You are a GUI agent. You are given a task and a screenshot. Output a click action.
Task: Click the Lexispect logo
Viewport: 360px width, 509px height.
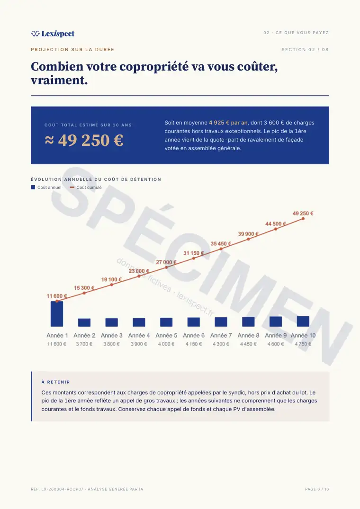point(53,34)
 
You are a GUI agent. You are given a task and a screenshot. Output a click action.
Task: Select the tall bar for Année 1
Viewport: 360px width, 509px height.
point(57,313)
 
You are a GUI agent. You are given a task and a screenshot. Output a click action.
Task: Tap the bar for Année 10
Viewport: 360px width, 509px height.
point(303,321)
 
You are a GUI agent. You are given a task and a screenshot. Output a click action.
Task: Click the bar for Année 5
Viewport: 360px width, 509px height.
point(166,322)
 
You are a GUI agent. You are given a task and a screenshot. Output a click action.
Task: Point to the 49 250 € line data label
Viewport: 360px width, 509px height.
point(303,213)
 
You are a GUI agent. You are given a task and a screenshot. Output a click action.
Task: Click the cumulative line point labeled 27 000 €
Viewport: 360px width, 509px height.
point(166,268)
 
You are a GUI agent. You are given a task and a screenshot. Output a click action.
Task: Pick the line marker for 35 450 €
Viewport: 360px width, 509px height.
point(221,249)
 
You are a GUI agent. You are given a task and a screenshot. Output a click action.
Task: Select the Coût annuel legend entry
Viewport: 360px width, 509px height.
point(46,188)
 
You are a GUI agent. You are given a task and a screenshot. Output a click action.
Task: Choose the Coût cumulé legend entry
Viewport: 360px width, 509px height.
point(86,188)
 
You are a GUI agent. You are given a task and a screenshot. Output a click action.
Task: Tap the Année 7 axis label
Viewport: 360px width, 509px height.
point(221,335)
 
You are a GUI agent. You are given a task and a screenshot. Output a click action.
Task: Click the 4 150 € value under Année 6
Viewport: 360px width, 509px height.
point(193,344)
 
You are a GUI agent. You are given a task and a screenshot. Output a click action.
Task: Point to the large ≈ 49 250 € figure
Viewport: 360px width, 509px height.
point(84,140)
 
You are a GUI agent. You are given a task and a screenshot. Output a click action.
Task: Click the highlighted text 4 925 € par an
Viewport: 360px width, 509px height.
point(228,123)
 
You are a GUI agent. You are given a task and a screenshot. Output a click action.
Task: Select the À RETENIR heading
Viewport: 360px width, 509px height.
point(55,382)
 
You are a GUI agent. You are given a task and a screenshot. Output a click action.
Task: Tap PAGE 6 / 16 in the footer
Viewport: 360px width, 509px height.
point(317,489)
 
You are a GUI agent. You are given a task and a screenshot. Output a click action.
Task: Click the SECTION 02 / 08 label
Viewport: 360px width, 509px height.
point(305,50)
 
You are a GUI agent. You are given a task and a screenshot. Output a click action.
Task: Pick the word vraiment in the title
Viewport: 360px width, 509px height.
point(59,80)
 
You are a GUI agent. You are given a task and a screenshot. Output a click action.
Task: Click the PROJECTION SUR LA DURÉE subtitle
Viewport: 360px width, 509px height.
point(72,50)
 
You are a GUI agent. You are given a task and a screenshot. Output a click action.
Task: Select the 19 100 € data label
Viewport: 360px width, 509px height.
point(111,279)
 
